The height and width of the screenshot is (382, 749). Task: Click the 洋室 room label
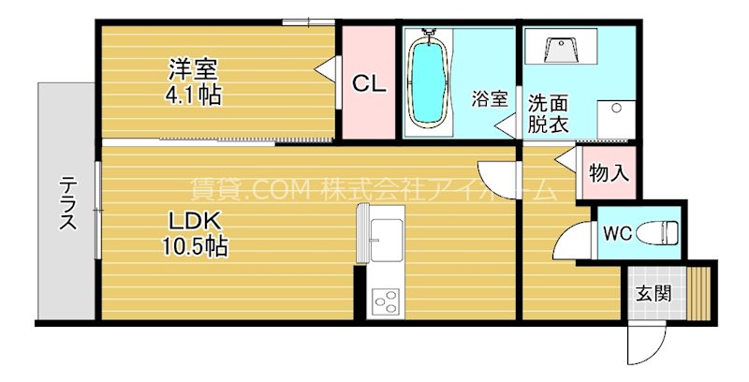[x=192, y=69]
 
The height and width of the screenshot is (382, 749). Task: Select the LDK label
[x=194, y=222]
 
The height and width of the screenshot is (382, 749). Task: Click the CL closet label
[x=369, y=83]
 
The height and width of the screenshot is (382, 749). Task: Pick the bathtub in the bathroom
[x=429, y=82]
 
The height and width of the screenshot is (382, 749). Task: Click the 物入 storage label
[x=609, y=172]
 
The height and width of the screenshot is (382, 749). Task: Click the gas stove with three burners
[x=385, y=301]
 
